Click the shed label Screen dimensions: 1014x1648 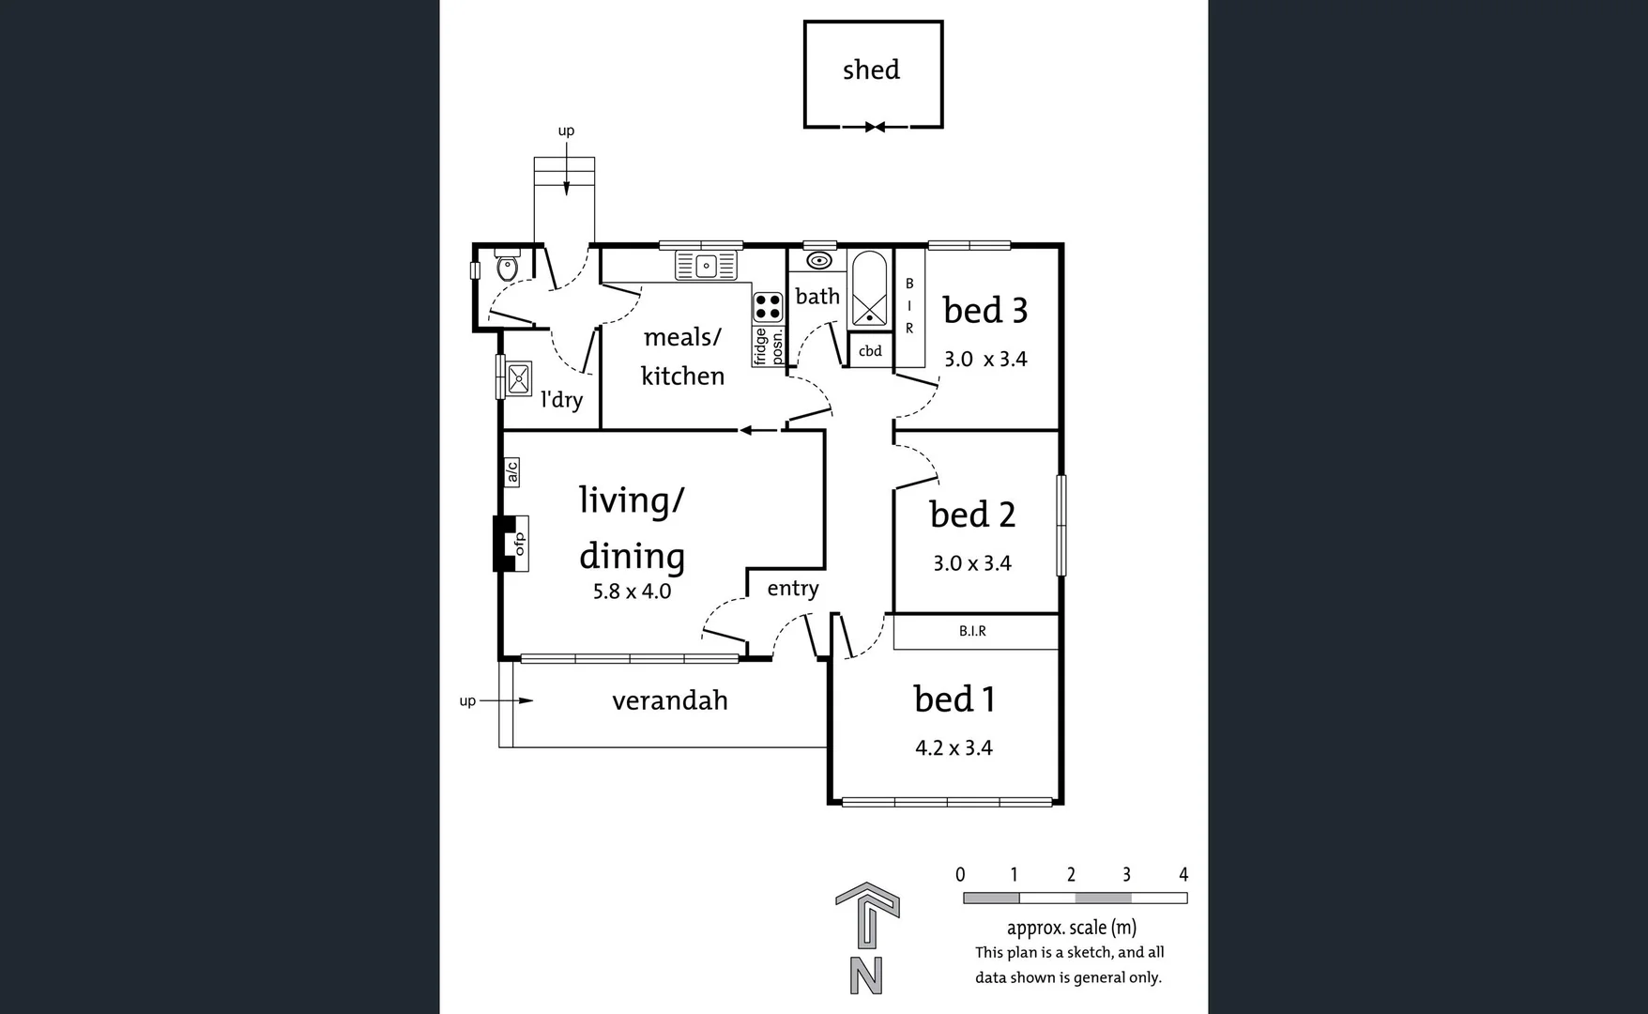coord(871,70)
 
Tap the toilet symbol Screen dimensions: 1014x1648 coord(507,268)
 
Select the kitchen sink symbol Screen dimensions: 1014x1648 coord(707,267)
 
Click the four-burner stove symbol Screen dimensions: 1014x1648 coord(768,307)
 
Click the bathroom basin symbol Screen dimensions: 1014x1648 coord(818,261)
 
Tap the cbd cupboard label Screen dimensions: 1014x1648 coord(870,351)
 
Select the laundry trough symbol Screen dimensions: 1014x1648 coord(518,378)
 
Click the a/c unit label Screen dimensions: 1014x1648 coord(511,471)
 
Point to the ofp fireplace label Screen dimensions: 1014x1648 coord(518,544)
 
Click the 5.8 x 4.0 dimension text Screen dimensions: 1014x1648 coord(632,591)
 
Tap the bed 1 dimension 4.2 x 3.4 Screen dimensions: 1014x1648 coord(954,748)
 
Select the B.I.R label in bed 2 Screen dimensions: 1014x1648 coord(972,631)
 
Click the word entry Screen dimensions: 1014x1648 coord(793,589)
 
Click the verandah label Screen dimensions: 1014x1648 coord(669,700)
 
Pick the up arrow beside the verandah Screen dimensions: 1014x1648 coord(507,700)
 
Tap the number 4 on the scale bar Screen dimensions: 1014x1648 coord(1183,874)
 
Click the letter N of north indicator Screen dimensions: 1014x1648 coord(866,976)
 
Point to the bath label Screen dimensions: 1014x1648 coord(817,297)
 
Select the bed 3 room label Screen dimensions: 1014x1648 coord(984,311)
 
